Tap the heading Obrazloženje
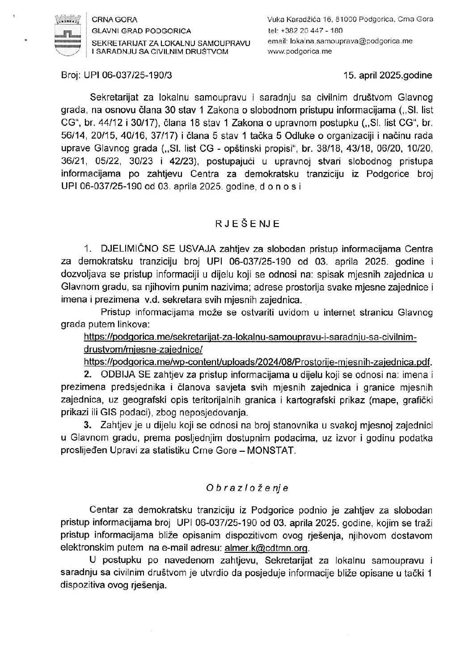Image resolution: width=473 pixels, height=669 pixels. [247, 488]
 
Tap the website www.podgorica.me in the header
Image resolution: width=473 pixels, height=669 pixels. [300, 51]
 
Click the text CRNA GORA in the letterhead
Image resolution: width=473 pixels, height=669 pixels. [114, 20]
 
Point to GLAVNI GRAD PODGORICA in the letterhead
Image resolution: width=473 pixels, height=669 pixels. [141, 31]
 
